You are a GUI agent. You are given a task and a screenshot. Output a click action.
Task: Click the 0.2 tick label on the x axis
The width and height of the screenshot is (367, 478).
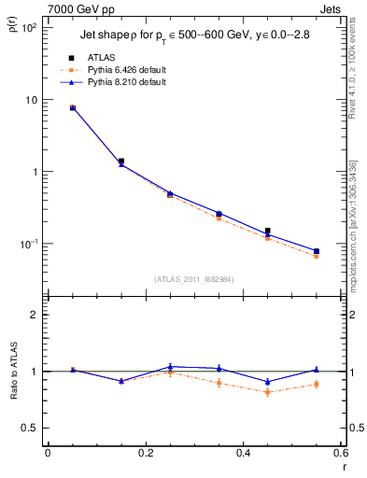[145, 453]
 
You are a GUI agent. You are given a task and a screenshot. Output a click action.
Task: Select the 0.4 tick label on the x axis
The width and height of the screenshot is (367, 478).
[243, 453]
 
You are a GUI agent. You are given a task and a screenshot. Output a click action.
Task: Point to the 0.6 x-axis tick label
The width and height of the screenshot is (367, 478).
[340, 453]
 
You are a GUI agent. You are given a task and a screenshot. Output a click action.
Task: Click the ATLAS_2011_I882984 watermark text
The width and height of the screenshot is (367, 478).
[193, 279]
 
